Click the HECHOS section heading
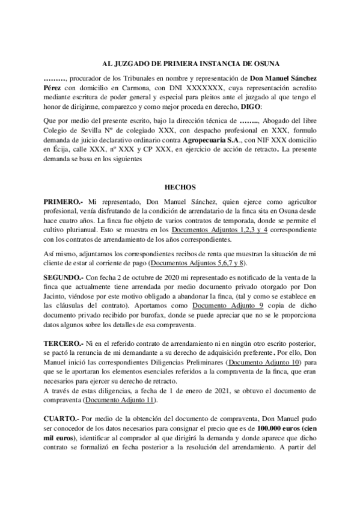180,187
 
